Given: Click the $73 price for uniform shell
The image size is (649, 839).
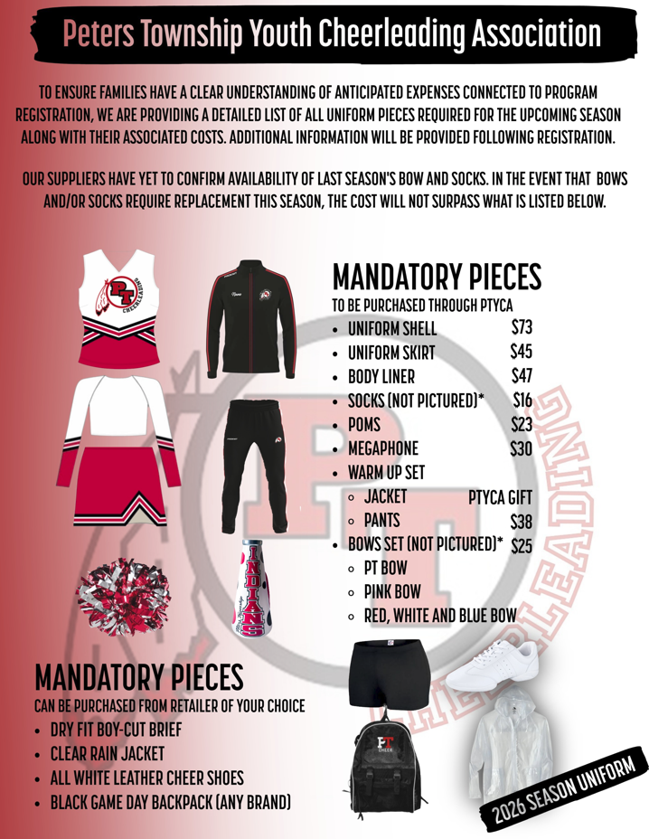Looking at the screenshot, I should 522,326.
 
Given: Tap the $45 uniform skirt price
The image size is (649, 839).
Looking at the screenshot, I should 522,351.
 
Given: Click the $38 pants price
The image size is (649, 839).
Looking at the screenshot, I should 522,521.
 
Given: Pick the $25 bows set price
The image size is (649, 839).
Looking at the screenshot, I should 522,545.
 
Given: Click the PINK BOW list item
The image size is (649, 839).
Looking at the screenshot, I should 392,592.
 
